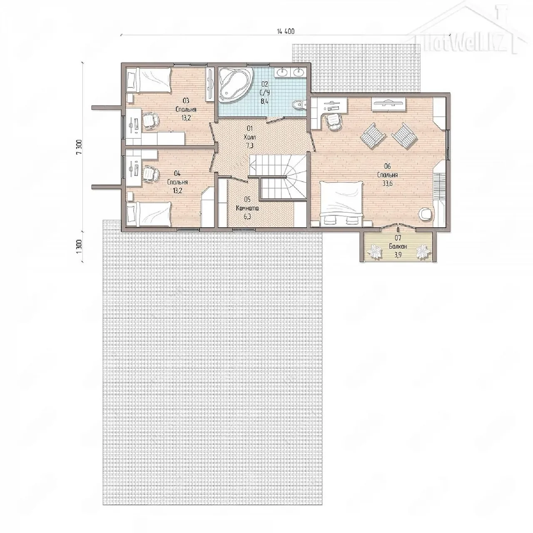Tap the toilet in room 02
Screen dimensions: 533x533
click(299, 105)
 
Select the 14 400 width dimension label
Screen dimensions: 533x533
click(286, 31)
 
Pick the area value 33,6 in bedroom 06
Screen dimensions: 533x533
click(388, 183)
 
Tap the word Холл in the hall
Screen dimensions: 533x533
click(250, 137)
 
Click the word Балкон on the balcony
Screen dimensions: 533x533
click(398, 246)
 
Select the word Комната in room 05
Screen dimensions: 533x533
click(247, 208)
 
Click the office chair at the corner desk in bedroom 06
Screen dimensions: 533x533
click(334, 121)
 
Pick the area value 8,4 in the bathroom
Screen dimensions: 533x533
click(264, 101)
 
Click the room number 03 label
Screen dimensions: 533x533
click(186, 100)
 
